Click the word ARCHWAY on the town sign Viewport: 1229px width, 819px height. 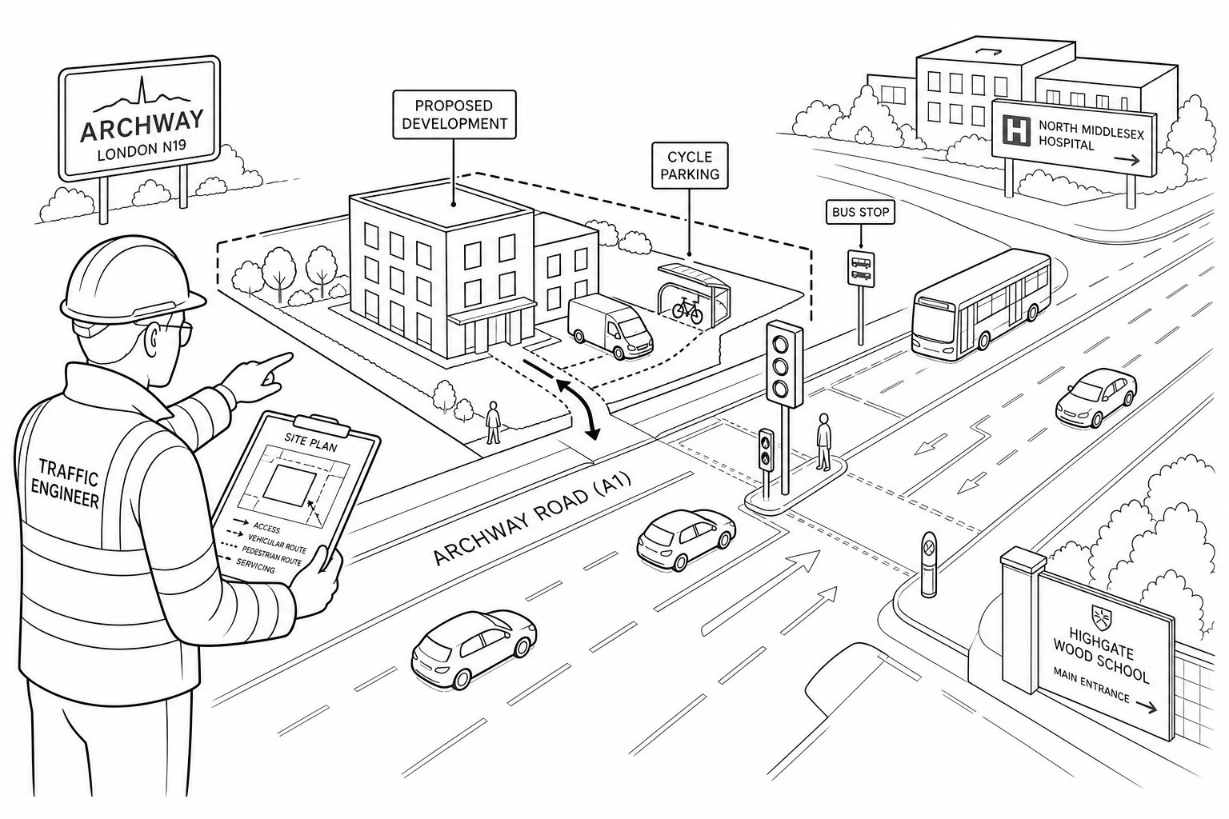[142, 126]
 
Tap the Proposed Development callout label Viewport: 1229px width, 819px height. [454, 114]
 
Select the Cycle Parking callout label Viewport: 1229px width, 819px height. [690, 165]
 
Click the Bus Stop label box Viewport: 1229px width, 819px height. [860, 212]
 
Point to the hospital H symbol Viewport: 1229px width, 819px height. [1017, 131]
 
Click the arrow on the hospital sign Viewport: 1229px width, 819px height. [1127, 160]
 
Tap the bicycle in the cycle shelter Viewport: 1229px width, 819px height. [687, 310]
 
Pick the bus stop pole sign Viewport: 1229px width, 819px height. [860, 269]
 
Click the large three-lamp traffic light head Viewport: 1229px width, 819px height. [785, 364]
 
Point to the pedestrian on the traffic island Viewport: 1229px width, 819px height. [823, 441]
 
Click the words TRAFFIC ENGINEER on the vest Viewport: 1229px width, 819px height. [66, 483]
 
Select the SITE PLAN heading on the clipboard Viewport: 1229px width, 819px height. [310, 442]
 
